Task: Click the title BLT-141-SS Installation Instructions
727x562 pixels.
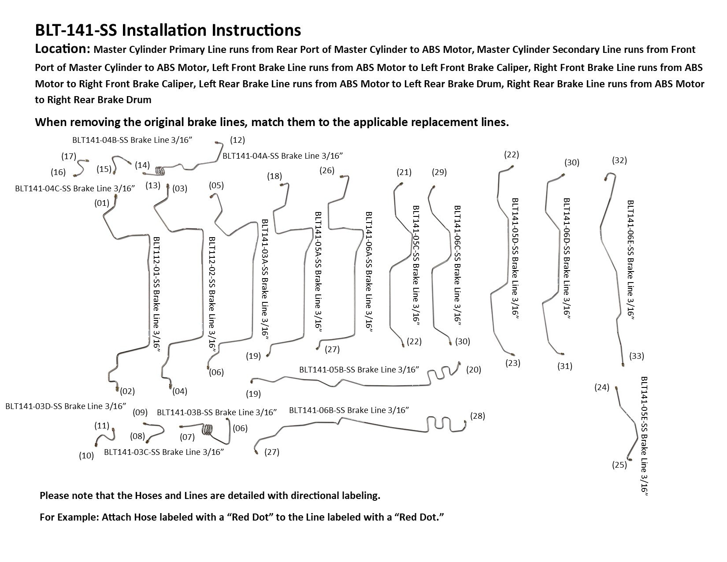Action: (168, 30)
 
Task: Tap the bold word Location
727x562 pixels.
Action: (62, 49)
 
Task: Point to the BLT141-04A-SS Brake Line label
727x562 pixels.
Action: (282, 156)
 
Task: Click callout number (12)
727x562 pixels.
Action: (237, 140)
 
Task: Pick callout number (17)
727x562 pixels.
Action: (69, 156)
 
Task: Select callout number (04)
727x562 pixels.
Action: (180, 391)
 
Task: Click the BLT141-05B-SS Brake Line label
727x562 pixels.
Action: (359, 369)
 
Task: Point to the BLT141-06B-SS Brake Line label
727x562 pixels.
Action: (349, 410)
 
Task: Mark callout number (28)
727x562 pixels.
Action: (477, 416)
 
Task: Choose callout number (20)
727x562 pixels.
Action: (474, 369)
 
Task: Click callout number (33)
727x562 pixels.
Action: (637, 356)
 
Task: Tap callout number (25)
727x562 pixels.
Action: (619, 465)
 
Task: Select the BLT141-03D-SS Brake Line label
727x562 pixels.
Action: (66, 406)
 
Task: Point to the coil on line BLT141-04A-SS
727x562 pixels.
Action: (161, 170)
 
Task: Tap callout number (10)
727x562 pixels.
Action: (86, 456)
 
